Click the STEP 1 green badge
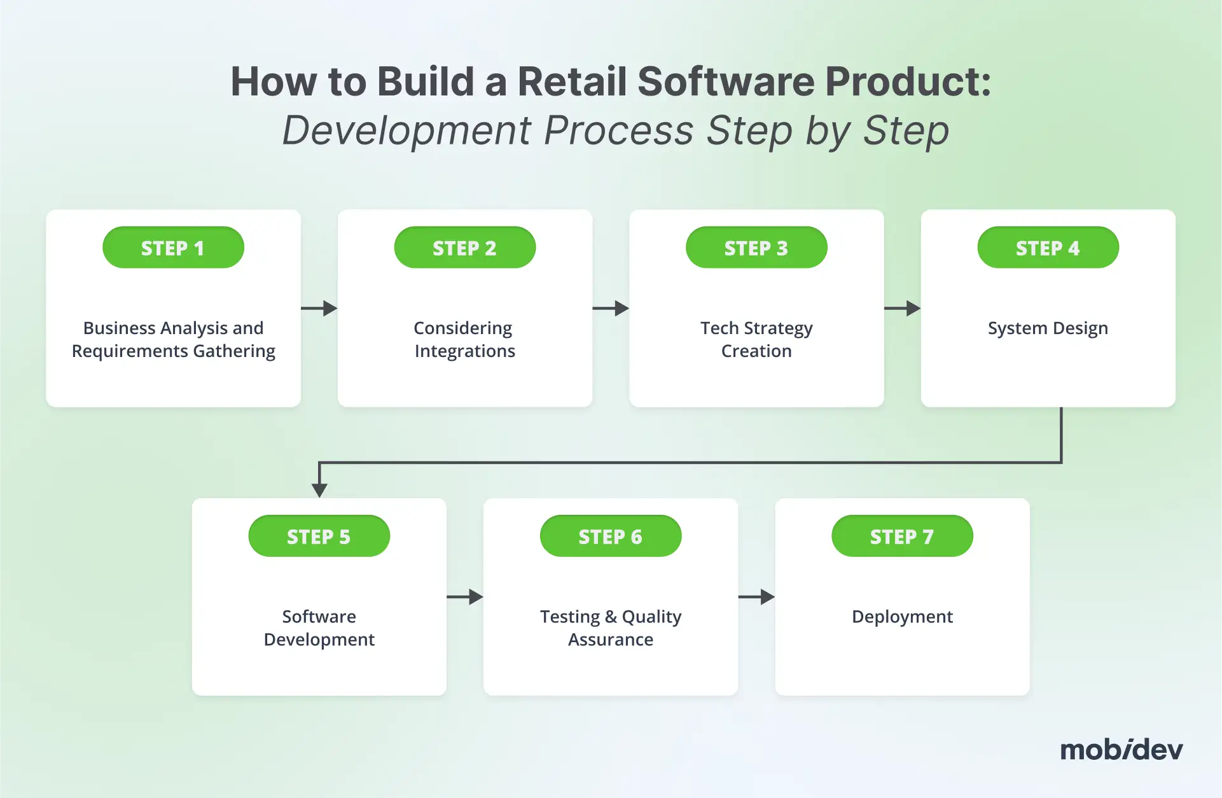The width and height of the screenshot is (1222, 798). point(173,248)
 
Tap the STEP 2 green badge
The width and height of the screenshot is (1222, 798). point(465,248)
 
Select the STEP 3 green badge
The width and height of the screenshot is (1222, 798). point(756,248)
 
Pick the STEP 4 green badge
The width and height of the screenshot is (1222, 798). point(1048,248)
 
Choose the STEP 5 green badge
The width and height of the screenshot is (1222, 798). point(319,536)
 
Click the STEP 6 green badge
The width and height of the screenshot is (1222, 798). point(611,536)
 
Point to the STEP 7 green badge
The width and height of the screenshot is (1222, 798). point(903,536)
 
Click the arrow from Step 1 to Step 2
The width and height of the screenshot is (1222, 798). point(319,309)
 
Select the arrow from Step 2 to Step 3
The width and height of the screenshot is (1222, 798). point(611,309)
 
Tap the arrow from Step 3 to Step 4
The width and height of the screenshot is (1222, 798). point(903,309)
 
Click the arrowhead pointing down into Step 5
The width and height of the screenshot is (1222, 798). point(319,490)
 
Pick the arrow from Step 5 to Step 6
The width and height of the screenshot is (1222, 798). point(465,597)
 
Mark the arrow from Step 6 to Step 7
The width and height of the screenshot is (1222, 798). point(756,597)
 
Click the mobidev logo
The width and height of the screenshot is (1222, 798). point(1121,750)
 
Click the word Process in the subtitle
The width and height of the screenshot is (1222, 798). point(619,130)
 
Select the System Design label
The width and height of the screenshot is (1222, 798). point(1048,328)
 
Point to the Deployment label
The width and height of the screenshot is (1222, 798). point(902,617)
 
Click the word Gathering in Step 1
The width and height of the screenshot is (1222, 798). point(234,351)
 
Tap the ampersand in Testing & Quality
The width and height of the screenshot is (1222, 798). point(611,617)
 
